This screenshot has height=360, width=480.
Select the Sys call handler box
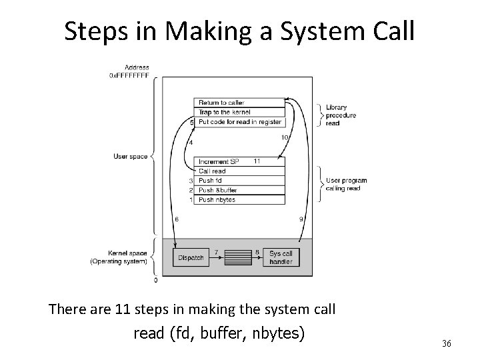[281, 257]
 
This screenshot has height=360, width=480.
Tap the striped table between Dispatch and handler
[235, 258]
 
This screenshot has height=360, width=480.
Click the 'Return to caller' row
[239, 102]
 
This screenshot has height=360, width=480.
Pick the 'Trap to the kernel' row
[239, 112]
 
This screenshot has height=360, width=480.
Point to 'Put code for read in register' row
[239, 122]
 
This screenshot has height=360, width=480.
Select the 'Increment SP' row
[239, 162]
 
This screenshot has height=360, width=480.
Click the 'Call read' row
[239, 171]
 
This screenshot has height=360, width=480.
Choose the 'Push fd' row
[239, 181]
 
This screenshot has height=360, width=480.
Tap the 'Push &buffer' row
[239, 190]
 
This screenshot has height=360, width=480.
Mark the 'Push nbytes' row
[239, 199]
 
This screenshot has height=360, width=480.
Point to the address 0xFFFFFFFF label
[129, 75]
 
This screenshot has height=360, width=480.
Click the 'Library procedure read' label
[340, 115]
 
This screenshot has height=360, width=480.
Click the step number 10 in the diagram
[284, 137]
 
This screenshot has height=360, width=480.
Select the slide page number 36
[446, 343]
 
